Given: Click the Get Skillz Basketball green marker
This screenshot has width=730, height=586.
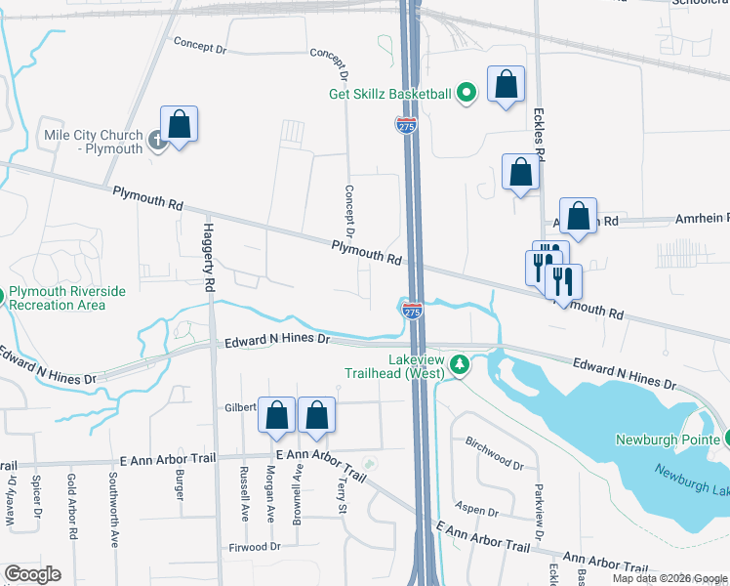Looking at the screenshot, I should tap(467, 94).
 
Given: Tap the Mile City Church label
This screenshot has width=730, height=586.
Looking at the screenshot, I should tap(93, 142).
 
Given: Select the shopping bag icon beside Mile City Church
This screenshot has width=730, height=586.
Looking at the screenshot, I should tap(179, 126).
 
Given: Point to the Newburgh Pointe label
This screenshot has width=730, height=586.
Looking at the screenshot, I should tap(668, 439).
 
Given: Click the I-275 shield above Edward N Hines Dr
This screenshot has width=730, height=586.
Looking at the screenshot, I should tap(412, 311).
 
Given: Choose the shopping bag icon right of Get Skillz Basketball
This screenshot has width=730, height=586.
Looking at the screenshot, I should tap(507, 86).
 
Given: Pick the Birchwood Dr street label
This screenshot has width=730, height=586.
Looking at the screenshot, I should tap(495, 453).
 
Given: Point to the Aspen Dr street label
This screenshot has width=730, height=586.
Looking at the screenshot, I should tap(478, 511).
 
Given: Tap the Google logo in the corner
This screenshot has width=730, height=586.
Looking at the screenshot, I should tap(32, 574).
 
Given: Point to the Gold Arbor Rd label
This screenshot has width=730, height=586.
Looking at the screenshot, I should tap(72, 508).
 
